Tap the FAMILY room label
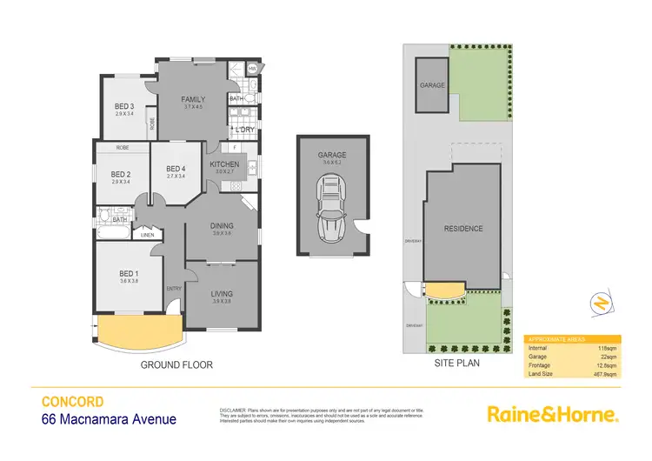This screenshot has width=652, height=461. click(x=193, y=100)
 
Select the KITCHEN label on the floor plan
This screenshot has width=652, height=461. click(x=224, y=164)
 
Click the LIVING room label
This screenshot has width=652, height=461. click(x=223, y=294)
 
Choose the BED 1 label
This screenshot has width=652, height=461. click(x=129, y=273)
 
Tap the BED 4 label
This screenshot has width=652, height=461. click(x=176, y=169)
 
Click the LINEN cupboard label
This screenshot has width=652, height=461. click(x=147, y=235)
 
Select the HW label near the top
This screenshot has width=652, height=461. click(x=252, y=69)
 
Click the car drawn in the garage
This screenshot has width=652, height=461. click(x=330, y=205)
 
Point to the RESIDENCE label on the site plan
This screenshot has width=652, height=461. click(x=462, y=229)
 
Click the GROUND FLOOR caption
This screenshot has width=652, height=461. click(x=176, y=365)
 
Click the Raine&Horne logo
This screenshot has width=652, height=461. click(x=552, y=413)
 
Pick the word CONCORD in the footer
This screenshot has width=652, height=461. click(x=73, y=402)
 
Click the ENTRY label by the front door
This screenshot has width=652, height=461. click(x=174, y=289)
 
